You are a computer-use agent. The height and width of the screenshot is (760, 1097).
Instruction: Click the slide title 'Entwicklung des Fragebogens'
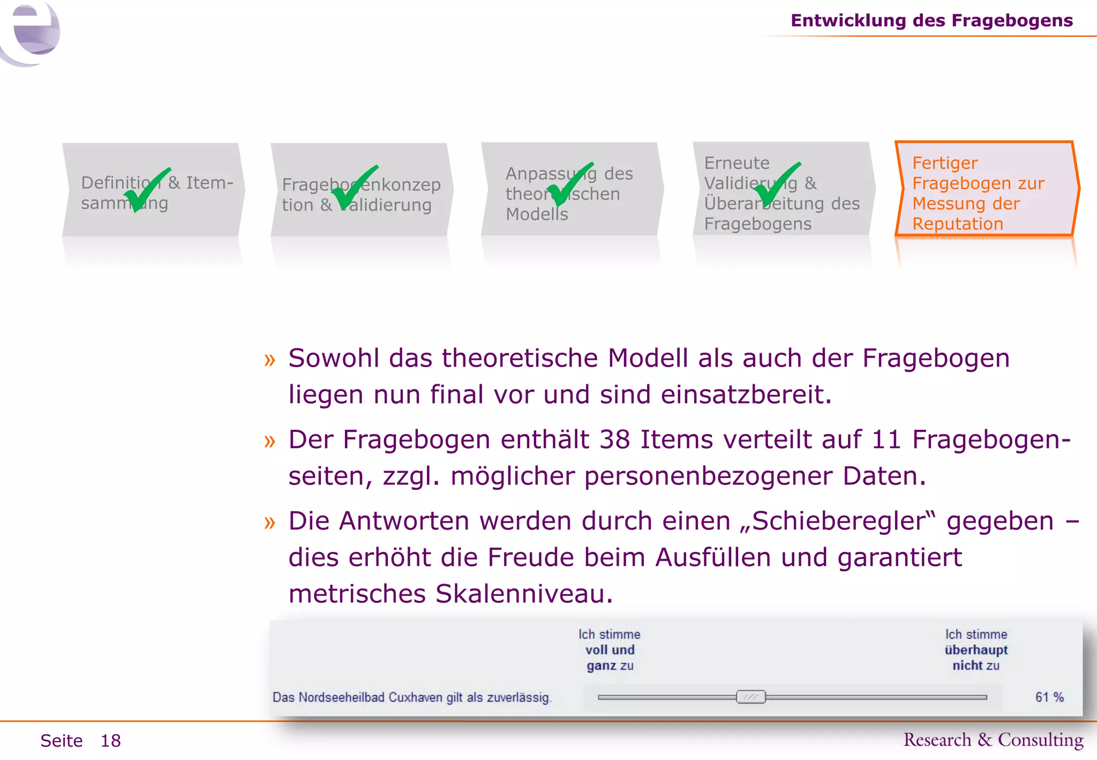pos(931,20)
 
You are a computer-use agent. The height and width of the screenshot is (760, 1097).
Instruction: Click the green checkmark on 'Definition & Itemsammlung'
pos(146,189)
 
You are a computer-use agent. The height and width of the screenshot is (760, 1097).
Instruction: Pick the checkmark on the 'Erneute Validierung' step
pos(776,184)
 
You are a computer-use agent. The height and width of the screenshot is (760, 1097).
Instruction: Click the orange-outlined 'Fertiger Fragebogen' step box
pos(986,189)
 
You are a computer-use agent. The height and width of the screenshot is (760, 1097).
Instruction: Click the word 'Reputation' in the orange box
pos(958,224)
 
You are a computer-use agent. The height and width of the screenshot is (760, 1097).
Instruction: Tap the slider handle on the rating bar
pos(750,697)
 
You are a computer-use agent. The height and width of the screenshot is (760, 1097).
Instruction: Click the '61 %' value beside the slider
pos(1049,697)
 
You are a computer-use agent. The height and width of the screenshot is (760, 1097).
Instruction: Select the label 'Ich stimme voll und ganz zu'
pos(610,650)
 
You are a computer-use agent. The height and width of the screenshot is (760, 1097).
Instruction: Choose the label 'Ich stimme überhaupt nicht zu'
pos(976,650)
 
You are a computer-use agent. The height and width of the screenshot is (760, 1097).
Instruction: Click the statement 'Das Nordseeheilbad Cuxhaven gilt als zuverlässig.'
pos(411,697)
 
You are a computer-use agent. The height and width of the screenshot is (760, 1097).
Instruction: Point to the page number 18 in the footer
pos(111,741)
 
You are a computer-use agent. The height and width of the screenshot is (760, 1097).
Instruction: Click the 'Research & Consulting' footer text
pos(993,740)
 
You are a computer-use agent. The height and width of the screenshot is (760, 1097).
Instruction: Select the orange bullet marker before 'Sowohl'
pos(269,360)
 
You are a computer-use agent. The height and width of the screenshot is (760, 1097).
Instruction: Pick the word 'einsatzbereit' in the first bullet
pos(746,394)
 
